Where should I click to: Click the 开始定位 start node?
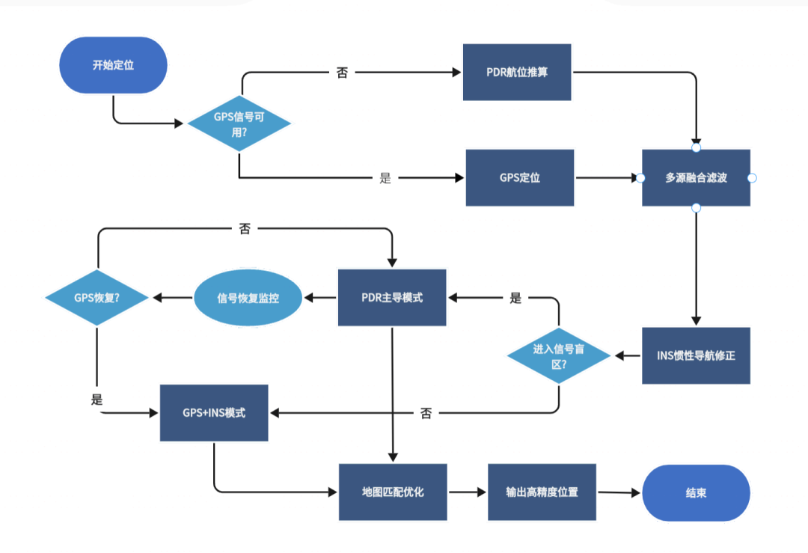tap(113, 65)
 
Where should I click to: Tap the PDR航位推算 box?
tap(517, 73)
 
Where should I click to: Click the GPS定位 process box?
tap(520, 178)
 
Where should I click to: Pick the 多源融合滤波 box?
tap(696, 178)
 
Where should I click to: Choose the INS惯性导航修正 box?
tap(696, 355)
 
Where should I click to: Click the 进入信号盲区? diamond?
tap(560, 355)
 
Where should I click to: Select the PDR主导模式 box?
tap(392, 298)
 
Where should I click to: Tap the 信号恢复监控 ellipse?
tap(248, 298)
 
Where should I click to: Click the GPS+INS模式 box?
tap(214, 412)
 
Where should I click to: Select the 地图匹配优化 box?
tap(393, 492)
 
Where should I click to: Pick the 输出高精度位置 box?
tap(542, 492)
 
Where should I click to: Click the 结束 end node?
tap(696, 493)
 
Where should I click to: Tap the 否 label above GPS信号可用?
tap(342, 73)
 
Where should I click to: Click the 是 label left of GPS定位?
tap(385, 178)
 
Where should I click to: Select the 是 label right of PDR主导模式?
tap(515, 298)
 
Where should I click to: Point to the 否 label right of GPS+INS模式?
tap(426, 413)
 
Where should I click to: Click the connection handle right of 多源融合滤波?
tap(753, 178)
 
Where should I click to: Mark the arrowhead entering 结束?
tap(637, 493)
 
